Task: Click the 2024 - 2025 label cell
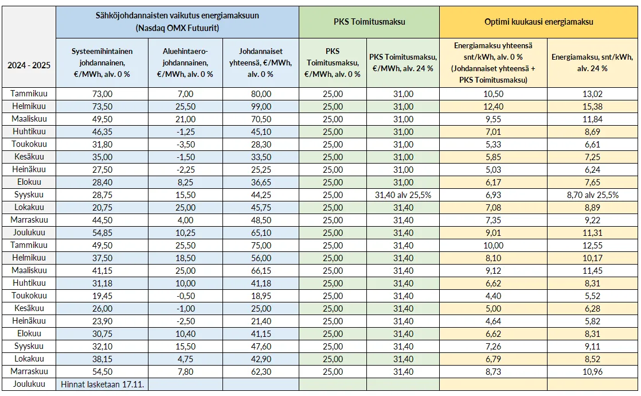click(x=29, y=65)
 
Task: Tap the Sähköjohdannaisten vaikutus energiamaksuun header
click(x=177, y=22)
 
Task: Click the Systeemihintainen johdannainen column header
click(x=95, y=63)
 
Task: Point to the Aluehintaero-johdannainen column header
click(x=188, y=63)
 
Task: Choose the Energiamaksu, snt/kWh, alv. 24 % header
click(x=592, y=63)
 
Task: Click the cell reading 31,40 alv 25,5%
click(x=402, y=195)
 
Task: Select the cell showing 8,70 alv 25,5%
click(x=592, y=195)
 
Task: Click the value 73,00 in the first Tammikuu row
click(x=95, y=94)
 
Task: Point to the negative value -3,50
click(x=188, y=144)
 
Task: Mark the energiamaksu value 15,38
click(x=592, y=106)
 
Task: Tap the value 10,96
click(x=592, y=371)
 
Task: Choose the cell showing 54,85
click(x=95, y=232)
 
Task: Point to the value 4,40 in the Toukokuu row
click(x=493, y=296)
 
